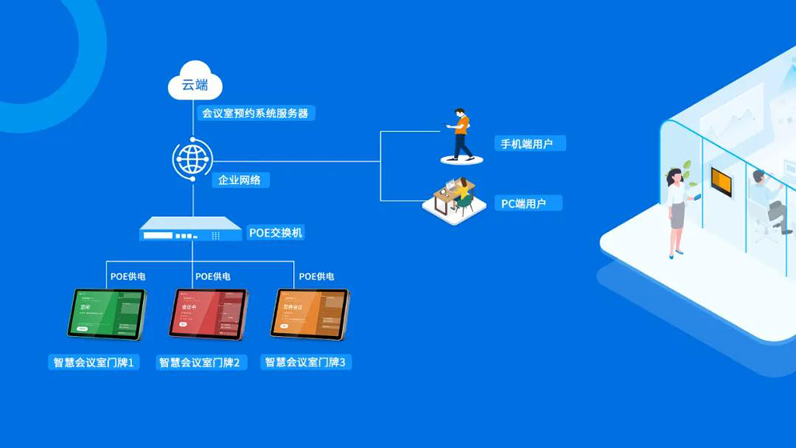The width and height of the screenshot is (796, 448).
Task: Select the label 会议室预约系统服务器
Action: [x=254, y=114]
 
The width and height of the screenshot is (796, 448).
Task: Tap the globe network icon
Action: [x=191, y=159]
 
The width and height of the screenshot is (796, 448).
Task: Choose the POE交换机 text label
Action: [x=276, y=233]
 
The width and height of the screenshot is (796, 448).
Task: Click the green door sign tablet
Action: [x=106, y=313]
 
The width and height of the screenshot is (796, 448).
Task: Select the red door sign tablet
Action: [x=208, y=313]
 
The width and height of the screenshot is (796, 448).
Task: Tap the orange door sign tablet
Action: [x=310, y=313]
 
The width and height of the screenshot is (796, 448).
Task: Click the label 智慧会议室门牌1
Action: [x=93, y=362]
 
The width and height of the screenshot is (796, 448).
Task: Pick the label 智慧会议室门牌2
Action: [x=201, y=362]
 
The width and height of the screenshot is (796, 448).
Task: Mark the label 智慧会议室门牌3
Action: [x=307, y=362]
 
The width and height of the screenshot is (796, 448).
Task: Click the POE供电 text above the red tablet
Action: [x=214, y=276]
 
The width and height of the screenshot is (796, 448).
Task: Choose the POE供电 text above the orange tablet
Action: [x=317, y=276]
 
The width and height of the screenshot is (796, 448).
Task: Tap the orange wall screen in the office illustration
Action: [x=722, y=180]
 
